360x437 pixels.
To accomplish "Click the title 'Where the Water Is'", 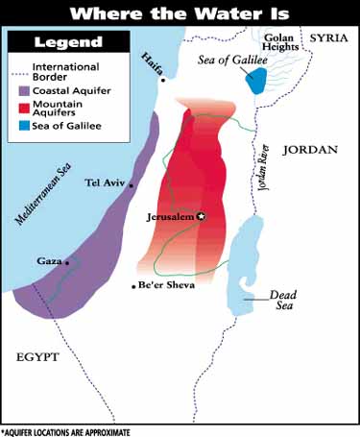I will (180, 13).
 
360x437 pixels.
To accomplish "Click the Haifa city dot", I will (163, 80).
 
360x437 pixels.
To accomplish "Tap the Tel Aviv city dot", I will (131, 183).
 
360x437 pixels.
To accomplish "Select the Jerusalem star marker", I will (201, 216).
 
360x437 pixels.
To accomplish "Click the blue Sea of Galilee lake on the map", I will (256, 81).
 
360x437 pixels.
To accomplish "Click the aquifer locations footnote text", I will (65, 431).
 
